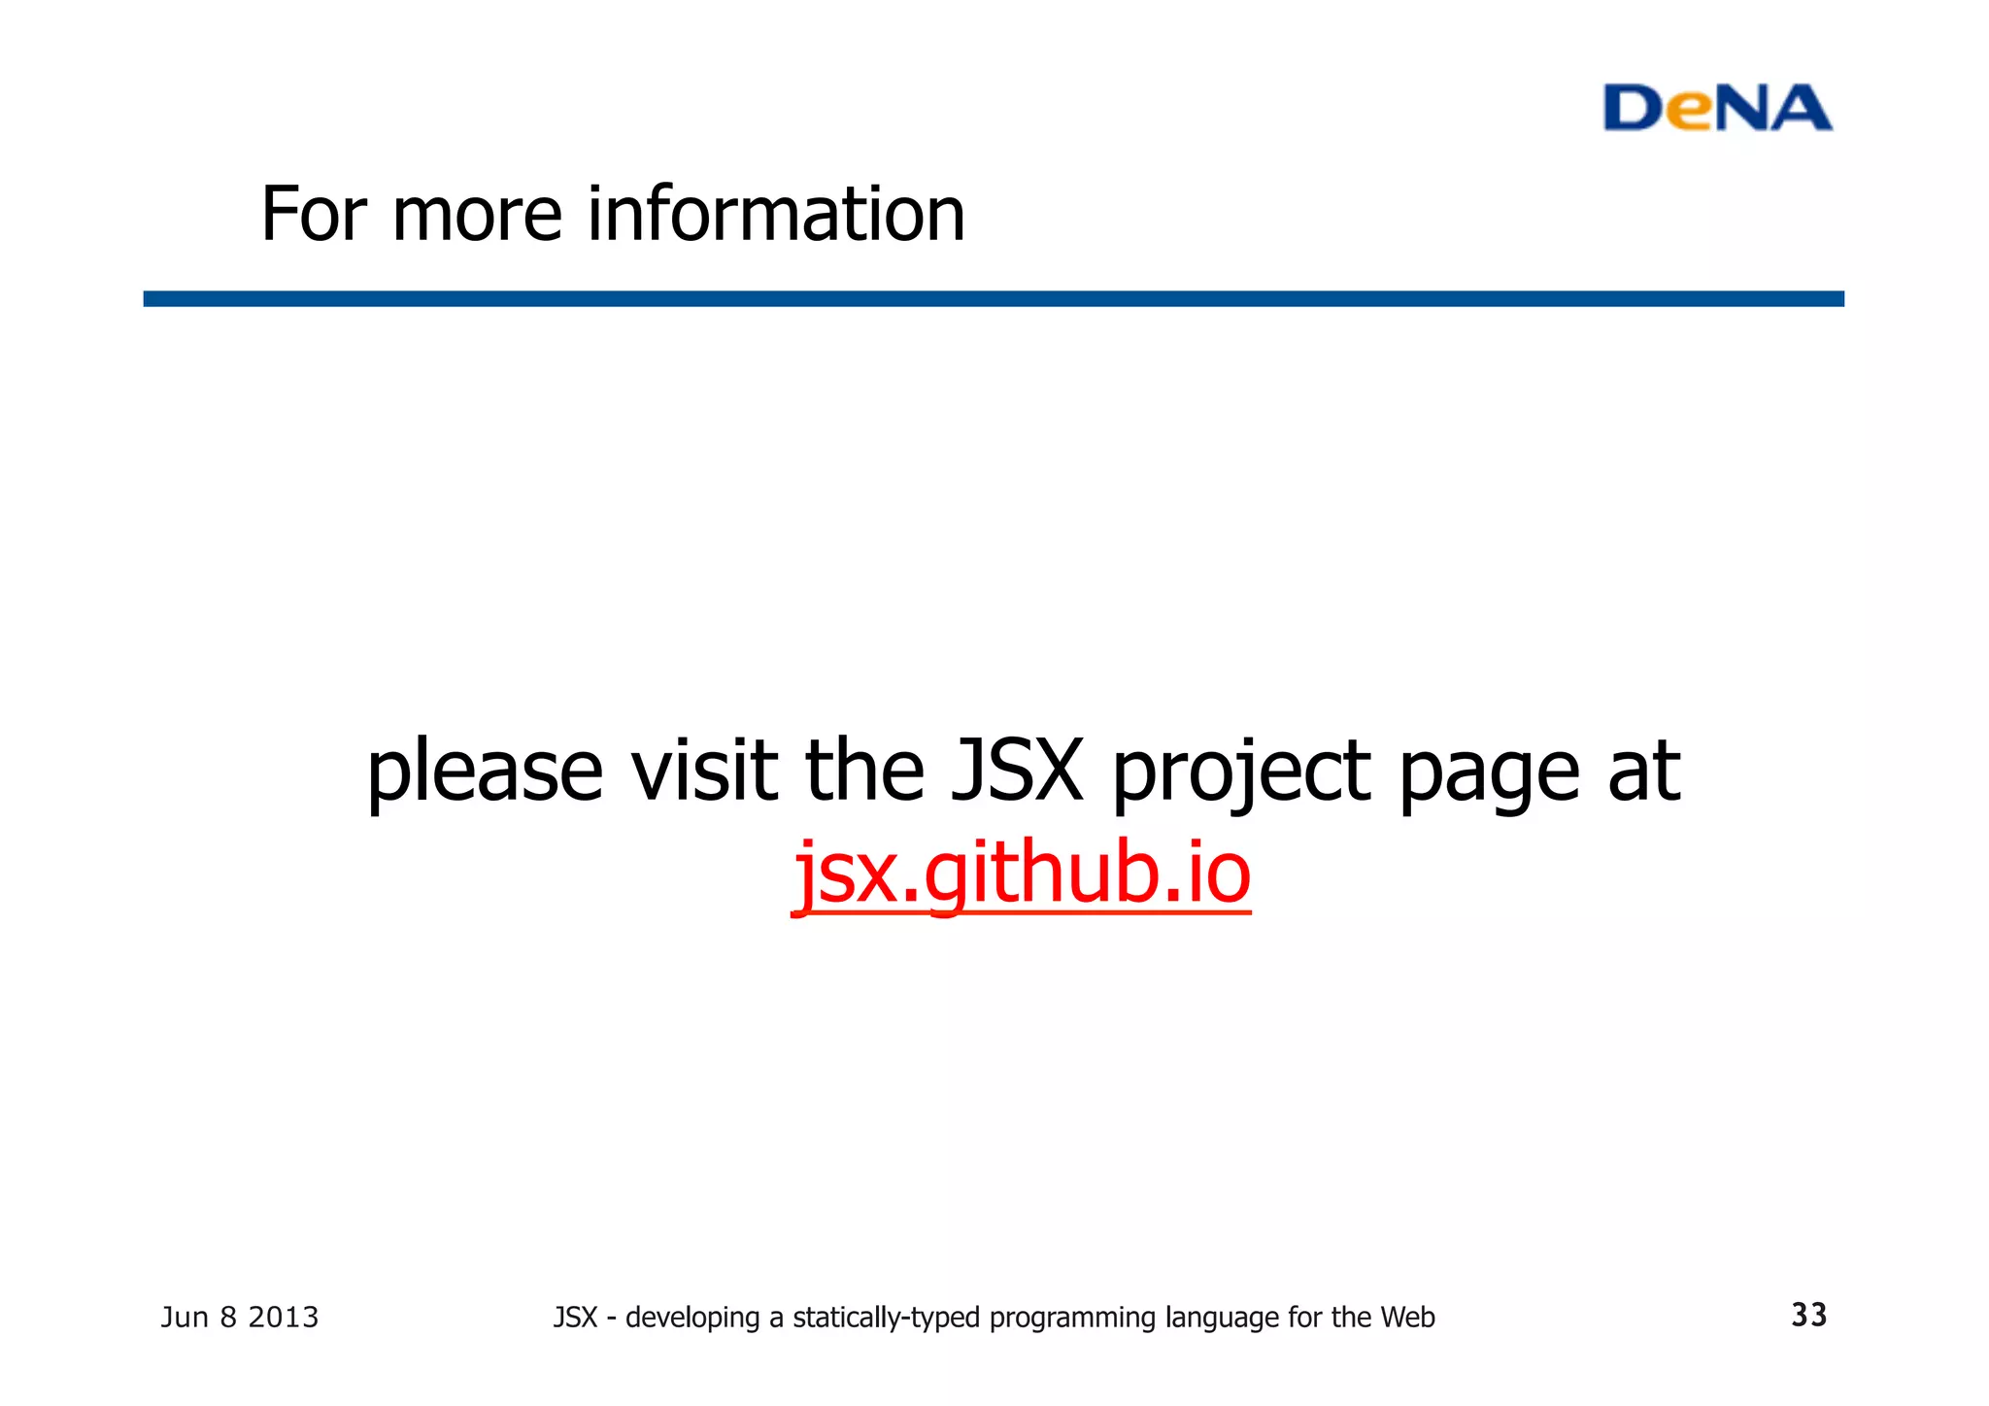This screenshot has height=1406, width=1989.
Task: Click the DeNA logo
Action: coord(1717,108)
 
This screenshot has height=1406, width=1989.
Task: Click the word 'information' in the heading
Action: coord(776,214)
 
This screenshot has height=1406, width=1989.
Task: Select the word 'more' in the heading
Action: coord(477,216)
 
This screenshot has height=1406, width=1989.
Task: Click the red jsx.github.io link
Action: coord(1022,872)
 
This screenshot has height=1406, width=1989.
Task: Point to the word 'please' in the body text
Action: coord(485,772)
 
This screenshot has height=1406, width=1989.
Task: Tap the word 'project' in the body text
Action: coord(1241,772)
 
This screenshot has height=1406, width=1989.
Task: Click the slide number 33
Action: coord(1808,1315)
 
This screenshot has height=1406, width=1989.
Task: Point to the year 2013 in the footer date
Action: coord(283,1318)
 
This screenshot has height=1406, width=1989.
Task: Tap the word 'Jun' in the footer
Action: coord(185,1318)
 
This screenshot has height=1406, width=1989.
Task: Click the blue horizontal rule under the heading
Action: coord(993,298)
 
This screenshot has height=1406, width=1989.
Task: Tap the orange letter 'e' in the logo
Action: coord(1694,114)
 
